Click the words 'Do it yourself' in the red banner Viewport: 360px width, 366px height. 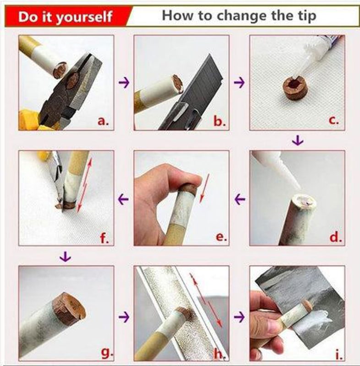[x=65, y=17]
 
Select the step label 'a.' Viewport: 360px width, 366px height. [x=103, y=121]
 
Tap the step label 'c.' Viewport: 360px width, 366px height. [x=333, y=121]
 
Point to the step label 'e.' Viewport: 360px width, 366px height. [x=220, y=237]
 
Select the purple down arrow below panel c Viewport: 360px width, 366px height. [x=297, y=140]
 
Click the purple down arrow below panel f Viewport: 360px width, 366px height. [x=65, y=258]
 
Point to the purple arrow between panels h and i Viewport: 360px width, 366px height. [x=239, y=316]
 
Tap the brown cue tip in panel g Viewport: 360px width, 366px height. [x=68, y=309]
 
